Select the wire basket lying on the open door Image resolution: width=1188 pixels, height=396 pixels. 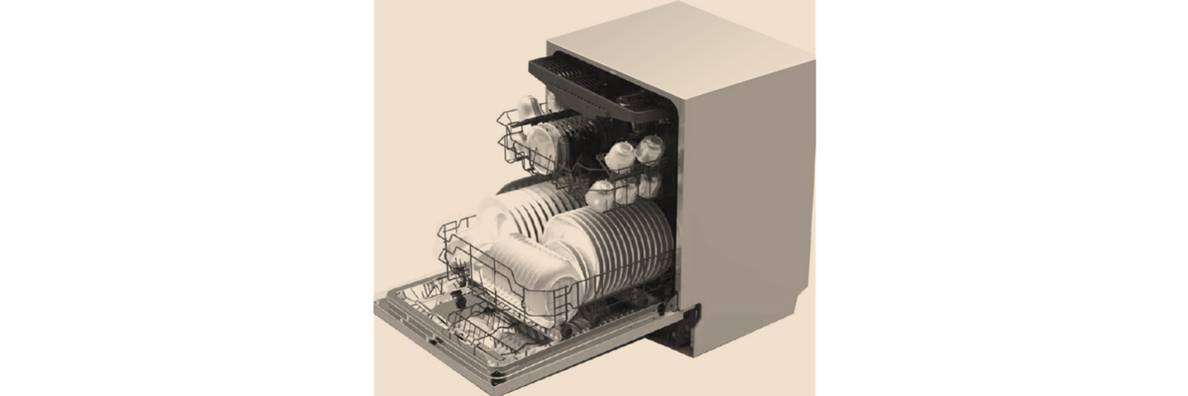tap(474, 326)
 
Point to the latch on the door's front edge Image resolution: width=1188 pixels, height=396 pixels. tap(432, 340)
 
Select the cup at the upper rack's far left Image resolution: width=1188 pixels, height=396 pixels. tap(529, 108)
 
